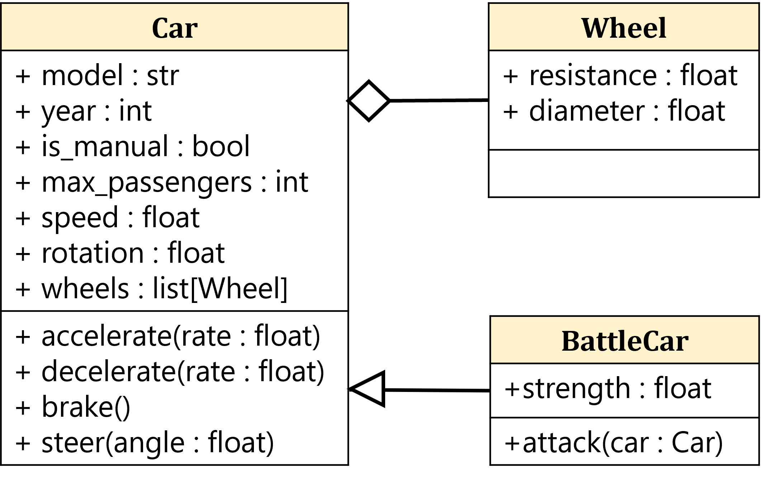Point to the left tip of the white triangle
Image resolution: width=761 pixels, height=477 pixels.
click(x=356, y=389)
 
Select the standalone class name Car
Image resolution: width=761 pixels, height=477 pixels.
click(x=175, y=28)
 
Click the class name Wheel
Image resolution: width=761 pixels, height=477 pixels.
click(x=624, y=28)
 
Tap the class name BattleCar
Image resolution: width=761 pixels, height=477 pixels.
click(x=625, y=341)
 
